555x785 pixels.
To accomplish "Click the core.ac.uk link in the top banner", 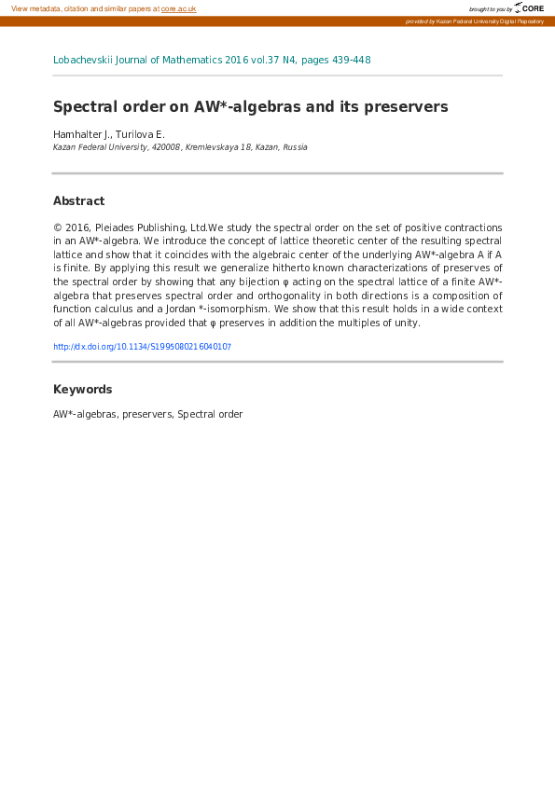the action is click(x=178, y=8).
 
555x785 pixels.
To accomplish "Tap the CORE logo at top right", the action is click(x=530, y=7).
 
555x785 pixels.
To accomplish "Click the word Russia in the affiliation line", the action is click(x=295, y=147).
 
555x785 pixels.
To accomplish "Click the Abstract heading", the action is click(x=78, y=201).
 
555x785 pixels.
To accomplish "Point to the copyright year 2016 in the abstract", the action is click(x=76, y=227).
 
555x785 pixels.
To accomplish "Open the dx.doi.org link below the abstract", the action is click(x=142, y=347).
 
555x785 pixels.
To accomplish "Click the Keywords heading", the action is click(x=82, y=390).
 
